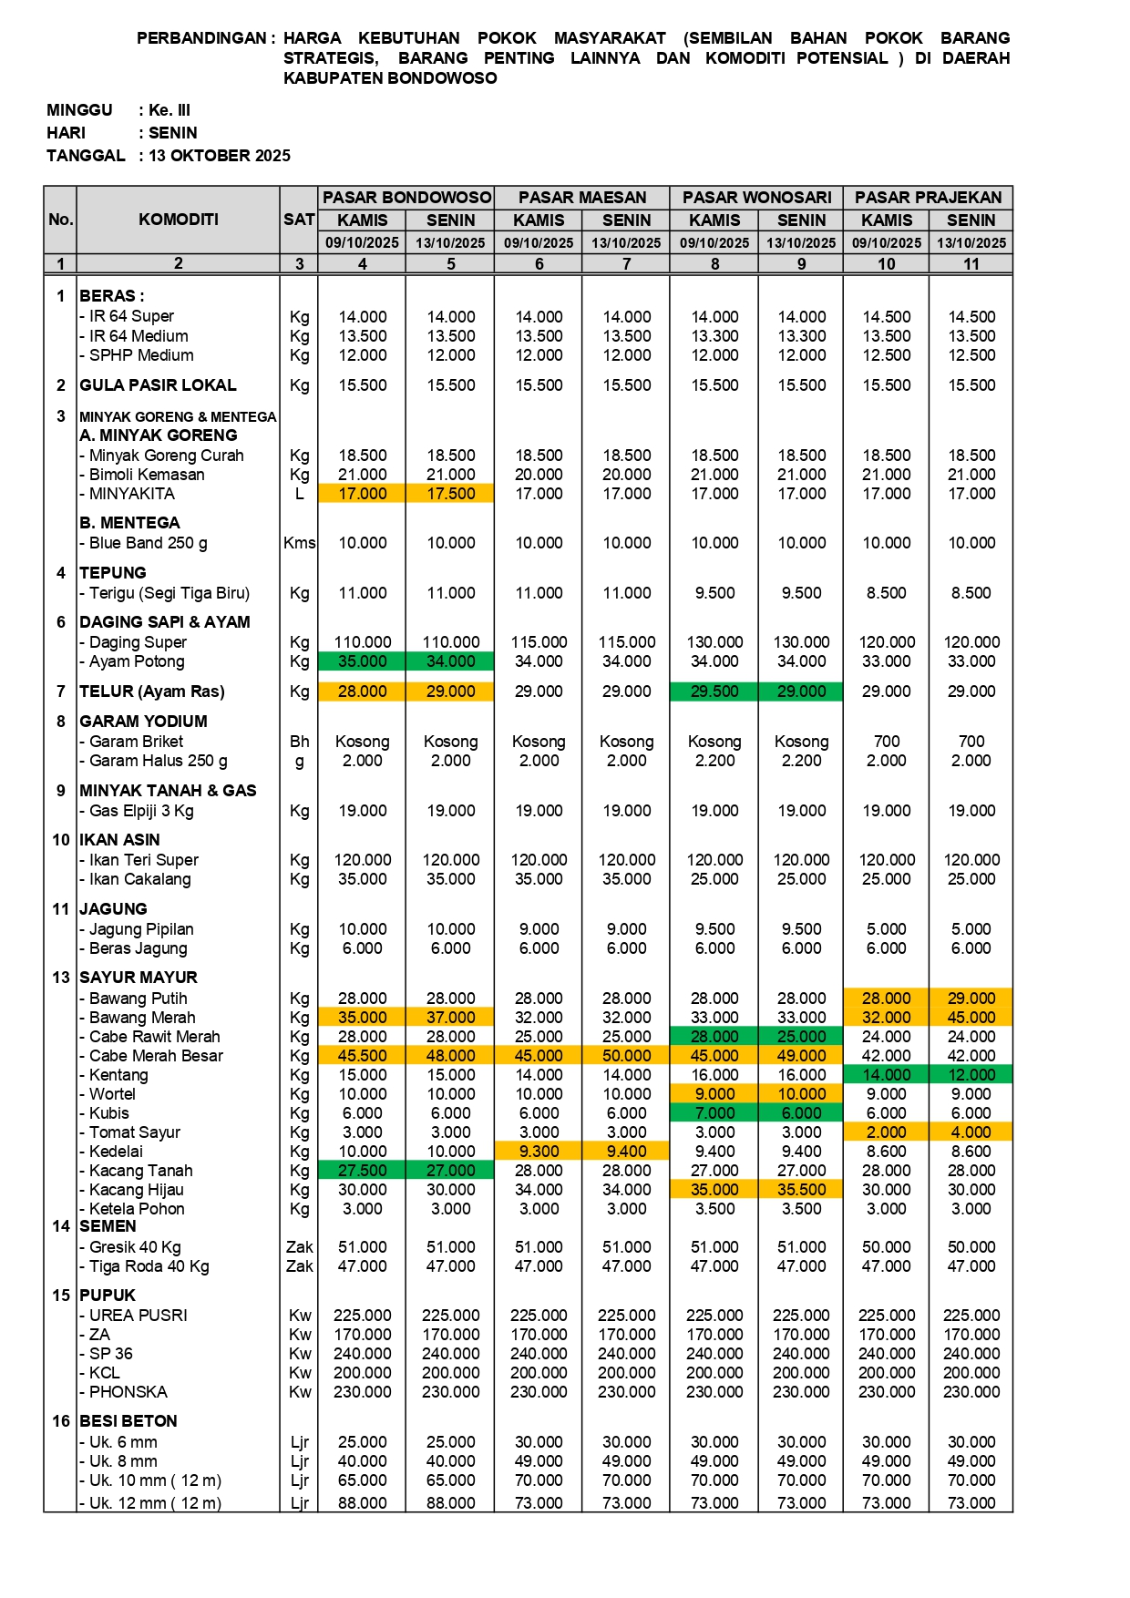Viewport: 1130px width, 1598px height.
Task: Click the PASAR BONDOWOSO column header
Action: click(x=406, y=198)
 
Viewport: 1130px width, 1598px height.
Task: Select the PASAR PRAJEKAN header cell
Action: click(x=928, y=198)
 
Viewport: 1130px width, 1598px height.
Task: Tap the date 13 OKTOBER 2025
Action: click(x=220, y=156)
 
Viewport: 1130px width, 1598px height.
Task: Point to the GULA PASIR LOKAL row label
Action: click(x=158, y=385)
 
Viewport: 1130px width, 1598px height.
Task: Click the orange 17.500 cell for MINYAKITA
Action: click(x=451, y=494)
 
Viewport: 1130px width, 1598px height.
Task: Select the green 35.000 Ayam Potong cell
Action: click(x=363, y=661)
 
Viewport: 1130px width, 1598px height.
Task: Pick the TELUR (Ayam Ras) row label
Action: click(x=152, y=691)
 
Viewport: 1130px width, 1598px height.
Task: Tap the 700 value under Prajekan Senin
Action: click(x=971, y=742)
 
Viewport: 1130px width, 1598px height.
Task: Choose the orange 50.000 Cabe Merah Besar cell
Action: click(x=627, y=1056)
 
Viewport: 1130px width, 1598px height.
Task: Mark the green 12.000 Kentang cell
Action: click(x=971, y=1075)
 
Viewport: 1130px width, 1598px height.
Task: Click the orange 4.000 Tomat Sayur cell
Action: click(x=971, y=1132)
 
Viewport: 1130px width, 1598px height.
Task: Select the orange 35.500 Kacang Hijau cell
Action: click(x=802, y=1190)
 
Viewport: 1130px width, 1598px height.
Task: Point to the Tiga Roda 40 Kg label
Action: click(x=149, y=1266)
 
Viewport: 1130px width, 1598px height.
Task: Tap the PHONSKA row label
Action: click(x=128, y=1392)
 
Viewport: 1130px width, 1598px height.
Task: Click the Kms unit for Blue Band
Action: click(x=299, y=543)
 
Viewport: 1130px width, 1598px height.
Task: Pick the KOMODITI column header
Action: click(x=179, y=220)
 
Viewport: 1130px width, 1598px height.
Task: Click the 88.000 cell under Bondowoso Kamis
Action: click(x=363, y=1502)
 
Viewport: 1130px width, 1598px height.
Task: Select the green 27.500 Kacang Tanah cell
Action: click(x=363, y=1171)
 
